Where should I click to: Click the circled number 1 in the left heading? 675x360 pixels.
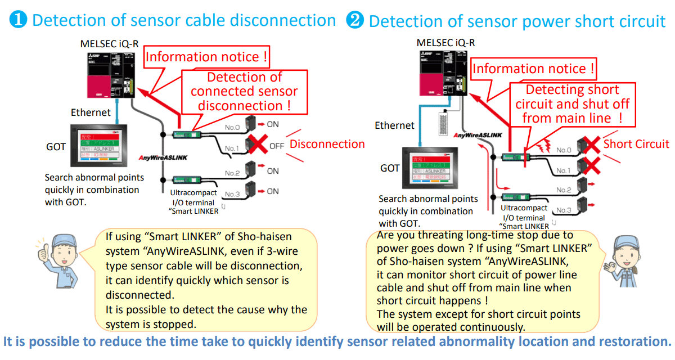click(19, 20)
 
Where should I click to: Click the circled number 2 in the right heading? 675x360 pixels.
click(355, 21)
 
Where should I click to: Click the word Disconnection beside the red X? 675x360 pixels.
click(327, 144)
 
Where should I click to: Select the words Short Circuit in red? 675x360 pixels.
click(636, 144)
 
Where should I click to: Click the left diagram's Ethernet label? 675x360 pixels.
click(91, 112)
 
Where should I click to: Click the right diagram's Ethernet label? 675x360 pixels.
click(394, 125)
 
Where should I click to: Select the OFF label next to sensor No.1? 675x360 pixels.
click(277, 146)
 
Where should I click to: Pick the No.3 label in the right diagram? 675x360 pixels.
click(564, 210)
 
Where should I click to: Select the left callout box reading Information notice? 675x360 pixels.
click(207, 57)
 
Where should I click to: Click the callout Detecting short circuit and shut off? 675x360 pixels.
click(572, 103)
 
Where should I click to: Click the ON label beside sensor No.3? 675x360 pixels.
click(273, 191)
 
